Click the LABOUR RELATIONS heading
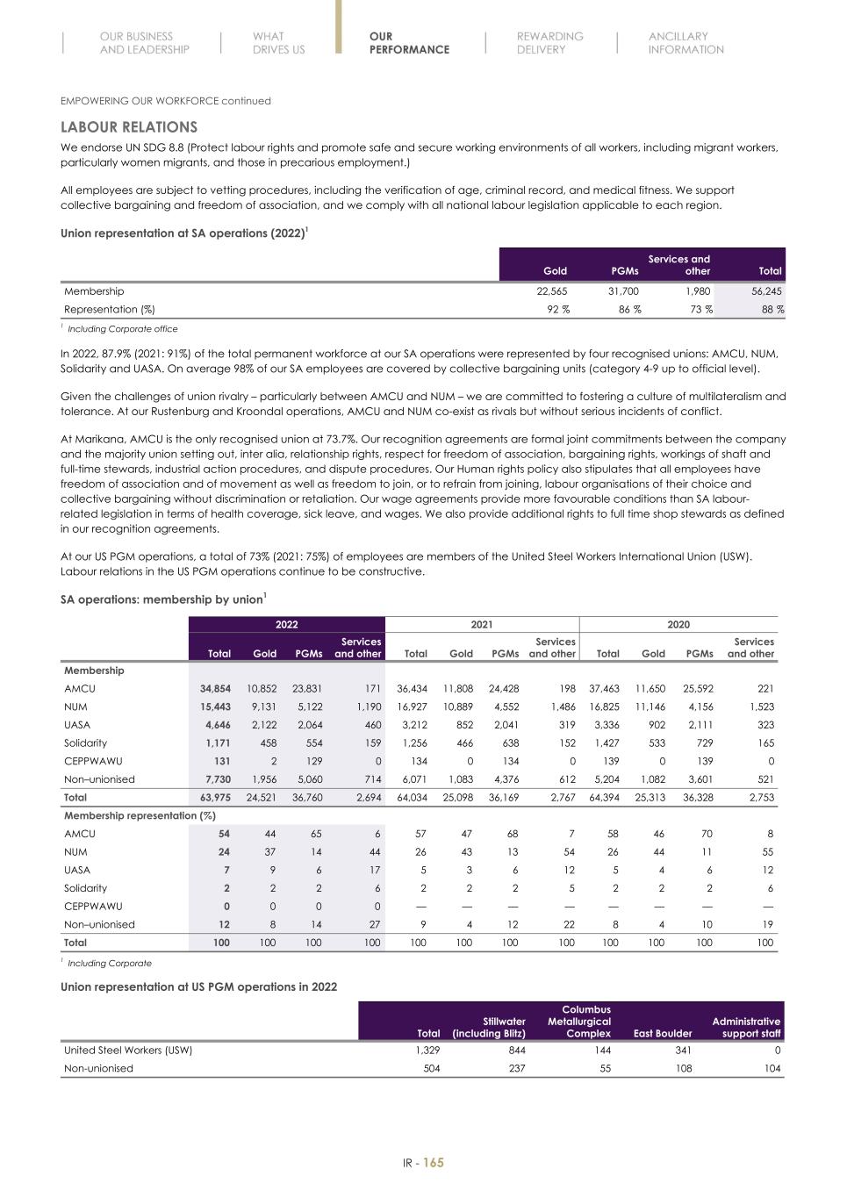pyautogui.click(x=128, y=127)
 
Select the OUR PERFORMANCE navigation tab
pyautogui.click(x=408, y=44)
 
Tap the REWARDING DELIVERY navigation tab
pyautogui.click(x=549, y=44)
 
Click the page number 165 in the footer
pyautogui.click(x=434, y=1163)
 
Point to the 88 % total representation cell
pyautogui.click(x=772, y=309)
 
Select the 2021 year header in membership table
pyautogui.click(x=481, y=625)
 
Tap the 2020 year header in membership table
pyautogui.click(x=678, y=625)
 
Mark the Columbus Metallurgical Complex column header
pyautogui.click(x=578, y=1022)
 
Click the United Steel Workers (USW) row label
pyautogui.click(x=128, y=1050)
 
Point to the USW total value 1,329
pyautogui.click(x=427, y=1050)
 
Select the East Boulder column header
pyautogui.click(x=662, y=1034)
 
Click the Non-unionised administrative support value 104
pyautogui.click(x=771, y=1068)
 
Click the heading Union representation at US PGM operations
pyautogui.click(x=198, y=986)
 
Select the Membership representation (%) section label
pyautogui.click(x=140, y=816)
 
